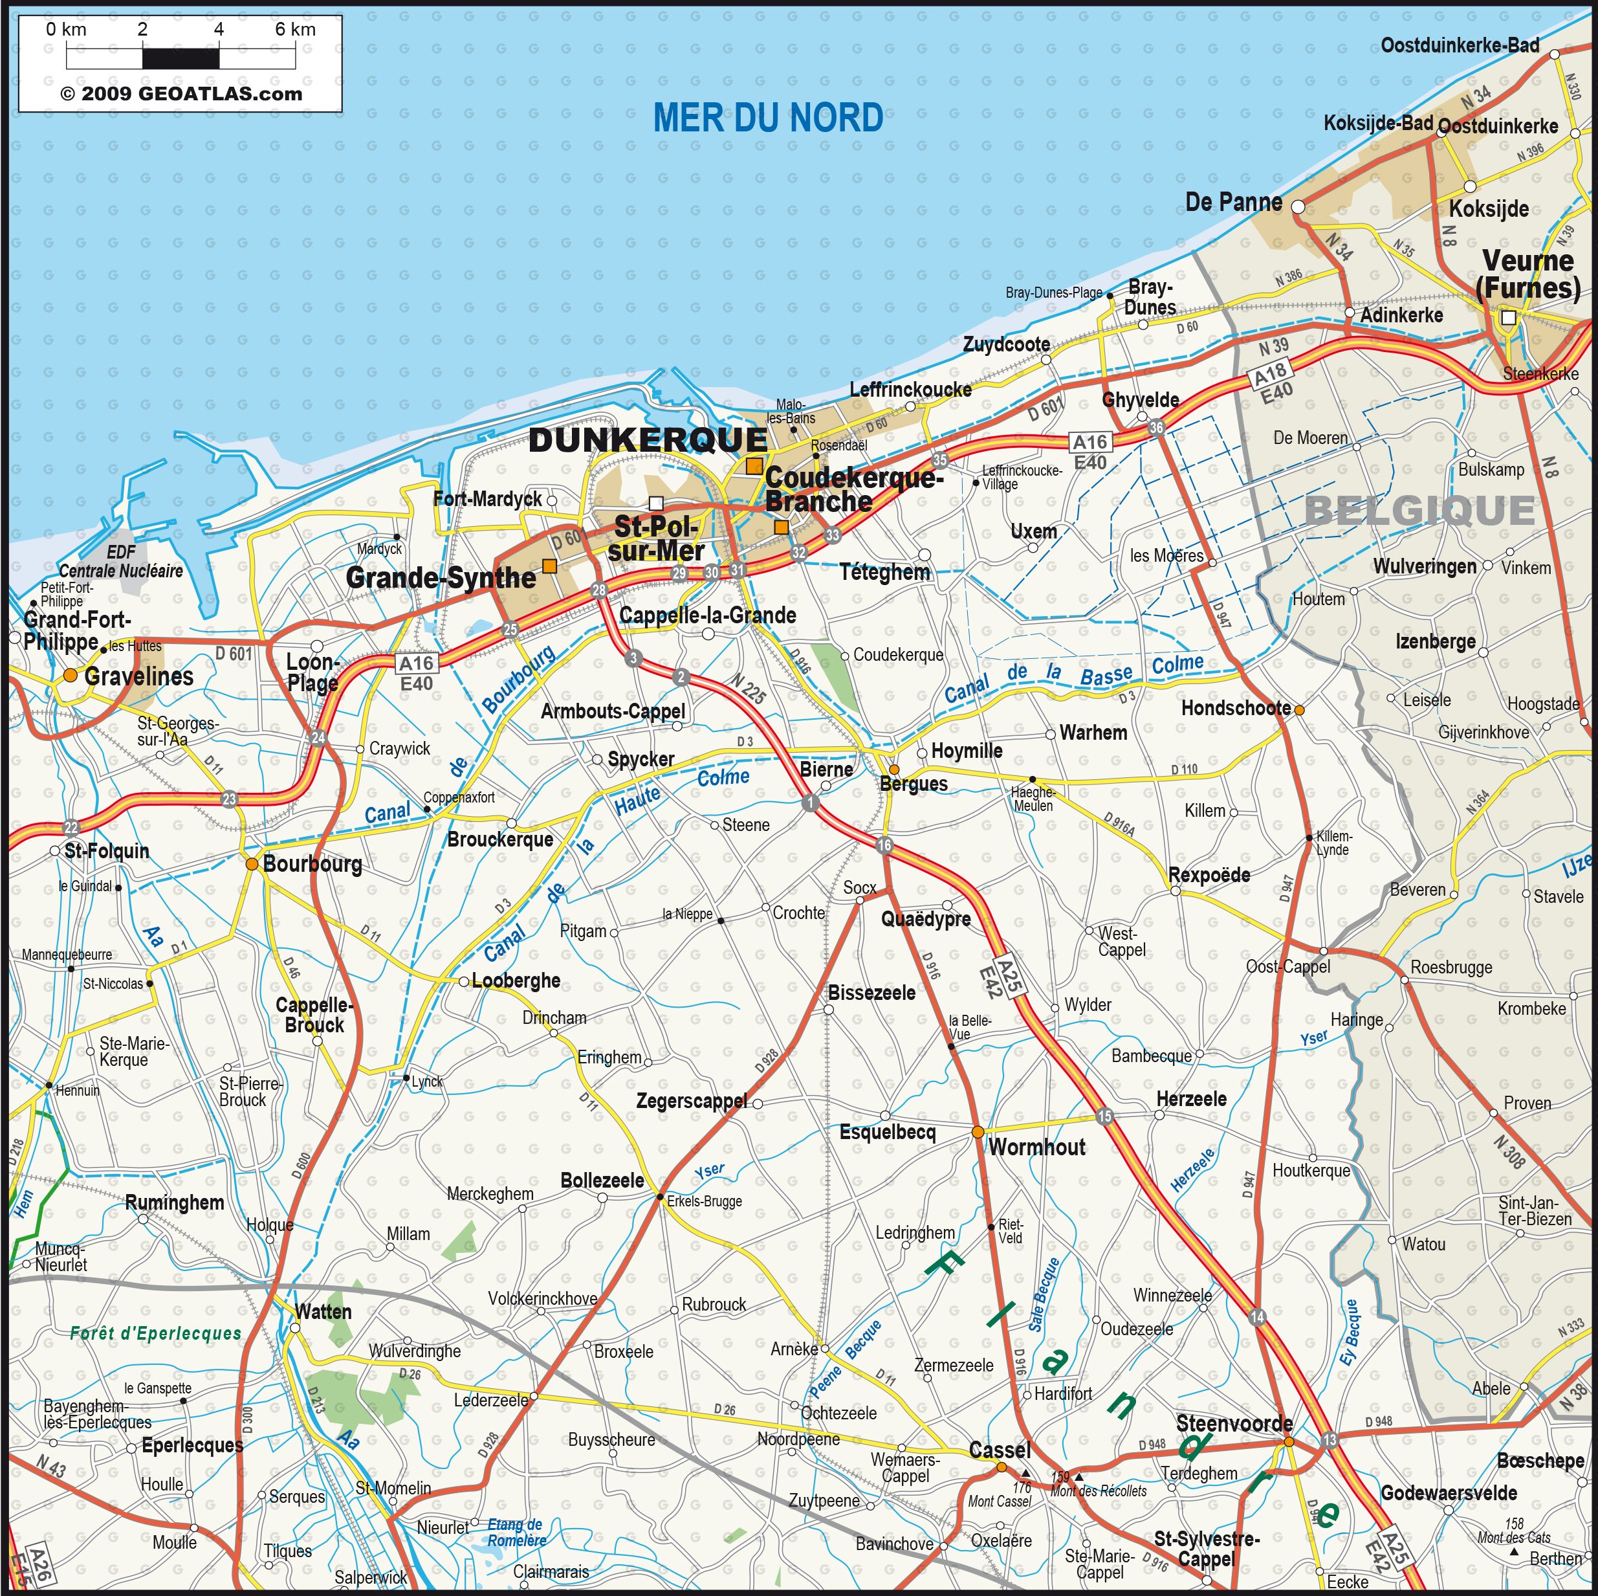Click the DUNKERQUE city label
pyautogui.click(x=648, y=440)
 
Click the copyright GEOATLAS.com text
pyautogui.click(x=181, y=93)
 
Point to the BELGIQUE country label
pyautogui.click(x=1419, y=511)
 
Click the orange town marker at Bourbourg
pyautogui.click(x=252, y=863)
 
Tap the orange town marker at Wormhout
pyautogui.click(x=978, y=1131)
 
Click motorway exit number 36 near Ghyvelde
pyautogui.click(x=1156, y=427)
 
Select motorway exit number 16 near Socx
pyautogui.click(x=884, y=845)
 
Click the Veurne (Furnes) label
pyautogui.click(x=1527, y=274)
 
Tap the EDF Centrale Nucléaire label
pyautogui.click(x=121, y=562)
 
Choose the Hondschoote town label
pyautogui.click(x=1235, y=707)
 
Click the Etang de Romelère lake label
pyautogui.click(x=516, y=1533)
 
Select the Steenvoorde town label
pyautogui.click(x=1234, y=1423)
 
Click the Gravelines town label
pyautogui.click(x=139, y=676)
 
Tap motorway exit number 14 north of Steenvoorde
pyautogui.click(x=1257, y=1317)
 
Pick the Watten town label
pyautogui.click(x=323, y=1311)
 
